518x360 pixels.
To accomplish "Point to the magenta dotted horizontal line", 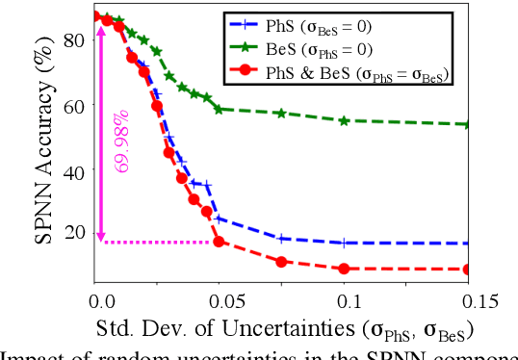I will (159, 242).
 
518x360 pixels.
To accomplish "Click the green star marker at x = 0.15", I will (469, 124).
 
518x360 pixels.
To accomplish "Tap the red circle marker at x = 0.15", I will (469, 270).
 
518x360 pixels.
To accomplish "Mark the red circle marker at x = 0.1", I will (344, 269).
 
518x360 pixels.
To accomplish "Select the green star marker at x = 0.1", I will (344, 120).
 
